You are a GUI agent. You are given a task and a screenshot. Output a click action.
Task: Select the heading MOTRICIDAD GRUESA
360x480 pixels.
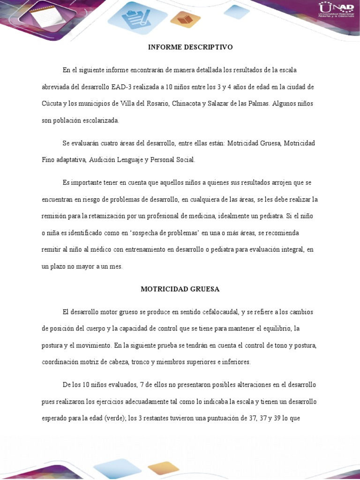point(180,289)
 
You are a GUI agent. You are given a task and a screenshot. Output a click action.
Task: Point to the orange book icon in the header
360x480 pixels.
point(185,19)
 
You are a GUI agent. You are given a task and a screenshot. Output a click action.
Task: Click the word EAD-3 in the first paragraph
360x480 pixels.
point(123,87)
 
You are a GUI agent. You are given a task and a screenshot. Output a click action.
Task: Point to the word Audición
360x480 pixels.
point(103,160)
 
